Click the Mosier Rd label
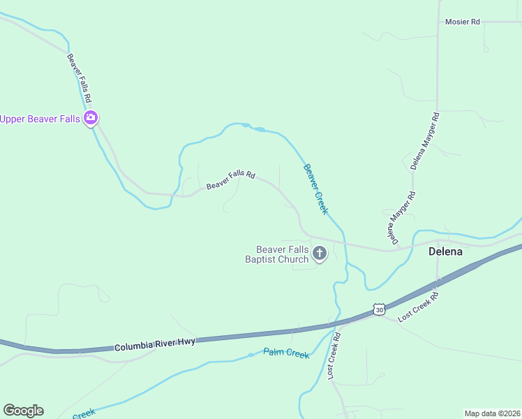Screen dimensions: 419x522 coord(463,22)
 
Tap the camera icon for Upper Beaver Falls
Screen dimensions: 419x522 coord(90,118)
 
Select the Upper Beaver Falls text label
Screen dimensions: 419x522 coord(40,119)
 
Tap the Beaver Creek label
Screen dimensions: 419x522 coord(315,189)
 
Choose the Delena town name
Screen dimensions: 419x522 coord(446,251)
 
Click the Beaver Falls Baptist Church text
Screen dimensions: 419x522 coord(282,254)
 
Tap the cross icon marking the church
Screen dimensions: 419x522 coord(320,253)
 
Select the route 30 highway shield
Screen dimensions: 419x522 coord(378,309)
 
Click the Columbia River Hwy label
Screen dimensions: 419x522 coord(154,344)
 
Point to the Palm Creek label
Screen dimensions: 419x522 coord(286,354)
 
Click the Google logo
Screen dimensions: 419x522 coord(23,411)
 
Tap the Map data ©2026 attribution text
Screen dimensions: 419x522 coord(492,413)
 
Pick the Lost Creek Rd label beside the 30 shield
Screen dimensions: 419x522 coord(417,305)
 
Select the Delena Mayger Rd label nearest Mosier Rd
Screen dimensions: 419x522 coord(425,142)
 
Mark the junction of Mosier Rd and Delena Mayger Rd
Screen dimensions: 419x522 coord(438,22)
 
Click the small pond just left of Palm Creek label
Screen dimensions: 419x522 coord(251,355)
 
